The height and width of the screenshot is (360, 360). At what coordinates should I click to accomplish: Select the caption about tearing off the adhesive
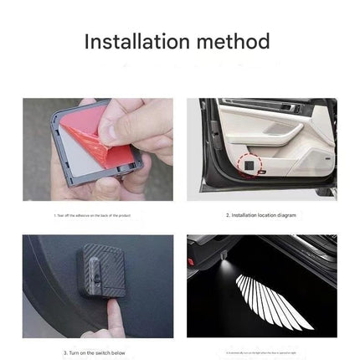coord(97,215)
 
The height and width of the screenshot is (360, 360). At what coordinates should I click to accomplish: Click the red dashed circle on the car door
coord(249,167)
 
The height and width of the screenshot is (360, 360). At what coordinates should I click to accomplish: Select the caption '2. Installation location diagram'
coord(262,215)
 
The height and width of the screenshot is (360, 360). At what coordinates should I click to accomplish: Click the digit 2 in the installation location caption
coord(227,215)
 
